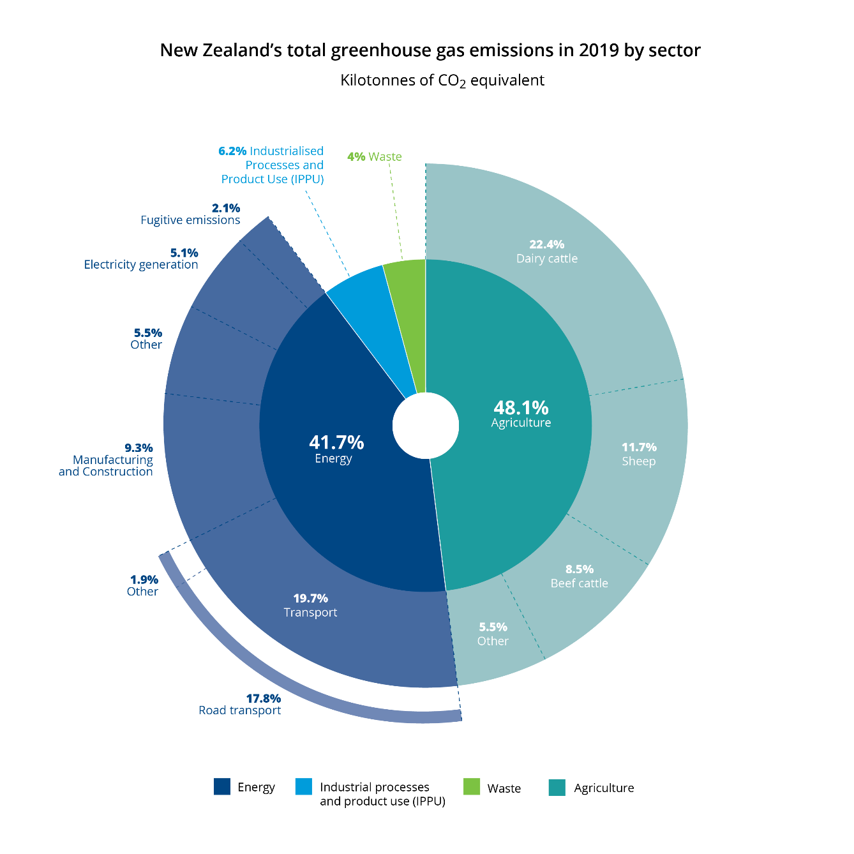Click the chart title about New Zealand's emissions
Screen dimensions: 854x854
click(x=430, y=50)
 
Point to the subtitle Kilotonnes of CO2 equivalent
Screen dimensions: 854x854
click(x=442, y=80)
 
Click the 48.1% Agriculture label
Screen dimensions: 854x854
click(x=521, y=414)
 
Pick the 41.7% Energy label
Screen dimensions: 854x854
click(x=336, y=449)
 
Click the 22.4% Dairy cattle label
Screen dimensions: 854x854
click(x=547, y=251)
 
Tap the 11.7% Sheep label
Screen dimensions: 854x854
click(x=639, y=454)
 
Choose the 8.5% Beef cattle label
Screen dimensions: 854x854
click(x=579, y=576)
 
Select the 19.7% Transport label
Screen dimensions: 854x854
click(x=310, y=605)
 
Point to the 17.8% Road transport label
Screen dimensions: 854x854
click(x=241, y=704)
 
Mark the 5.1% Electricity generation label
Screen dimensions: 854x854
click(x=142, y=258)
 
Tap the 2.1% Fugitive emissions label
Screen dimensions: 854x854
click(x=191, y=214)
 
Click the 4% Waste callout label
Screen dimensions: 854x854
click(x=375, y=156)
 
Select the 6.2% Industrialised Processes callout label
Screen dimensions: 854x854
click(x=272, y=165)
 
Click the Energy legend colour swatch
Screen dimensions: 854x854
click(x=222, y=786)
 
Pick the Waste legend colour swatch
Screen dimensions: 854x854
click(x=471, y=786)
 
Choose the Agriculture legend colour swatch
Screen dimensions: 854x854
click(x=557, y=787)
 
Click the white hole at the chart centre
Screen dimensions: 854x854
click(x=426, y=425)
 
